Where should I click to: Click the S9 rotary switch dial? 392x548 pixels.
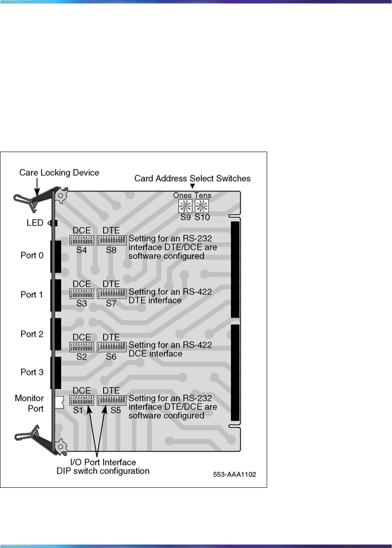pyautogui.click(x=185, y=206)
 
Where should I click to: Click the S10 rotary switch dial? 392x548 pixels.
pyautogui.click(x=201, y=206)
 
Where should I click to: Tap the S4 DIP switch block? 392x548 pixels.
pyautogui.click(x=82, y=240)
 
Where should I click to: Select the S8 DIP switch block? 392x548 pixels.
pyautogui.click(x=111, y=240)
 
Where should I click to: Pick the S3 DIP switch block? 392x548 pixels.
pyautogui.click(x=82, y=293)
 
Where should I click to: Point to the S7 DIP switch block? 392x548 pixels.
pyautogui.click(x=111, y=293)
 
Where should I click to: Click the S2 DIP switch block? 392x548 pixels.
pyautogui.click(x=82, y=347)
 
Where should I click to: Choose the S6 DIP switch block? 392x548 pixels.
pyautogui.click(x=111, y=347)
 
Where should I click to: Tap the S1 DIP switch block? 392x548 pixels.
pyautogui.click(x=82, y=400)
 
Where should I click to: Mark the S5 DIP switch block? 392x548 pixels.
pyautogui.click(x=111, y=400)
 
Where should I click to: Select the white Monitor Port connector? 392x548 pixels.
pyautogui.click(x=59, y=402)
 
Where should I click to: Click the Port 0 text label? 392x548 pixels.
pyautogui.click(x=32, y=255)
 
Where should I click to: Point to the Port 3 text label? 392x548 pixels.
pyautogui.click(x=32, y=372)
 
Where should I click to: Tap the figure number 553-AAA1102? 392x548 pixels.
pyautogui.click(x=235, y=474)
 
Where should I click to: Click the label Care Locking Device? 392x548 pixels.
pyautogui.click(x=59, y=173)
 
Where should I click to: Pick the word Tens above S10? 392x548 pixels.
pyautogui.click(x=202, y=196)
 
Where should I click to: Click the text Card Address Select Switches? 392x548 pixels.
pyautogui.click(x=193, y=178)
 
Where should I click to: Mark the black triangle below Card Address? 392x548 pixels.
pyautogui.click(x=193, y=187)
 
